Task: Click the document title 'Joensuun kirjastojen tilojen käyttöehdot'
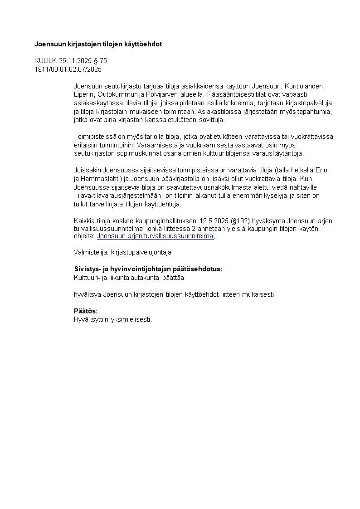tap(98, 44)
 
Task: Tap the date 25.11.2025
tap(75, 61)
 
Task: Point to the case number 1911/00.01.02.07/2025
tap(68, 69)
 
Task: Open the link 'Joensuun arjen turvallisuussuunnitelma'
tap(155, 236)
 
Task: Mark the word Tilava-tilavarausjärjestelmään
tap(116, 195)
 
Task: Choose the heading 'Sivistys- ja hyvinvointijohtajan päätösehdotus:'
tap(148, 269)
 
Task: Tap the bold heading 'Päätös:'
tap(86, 311)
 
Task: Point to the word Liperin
tap(84, 94)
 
